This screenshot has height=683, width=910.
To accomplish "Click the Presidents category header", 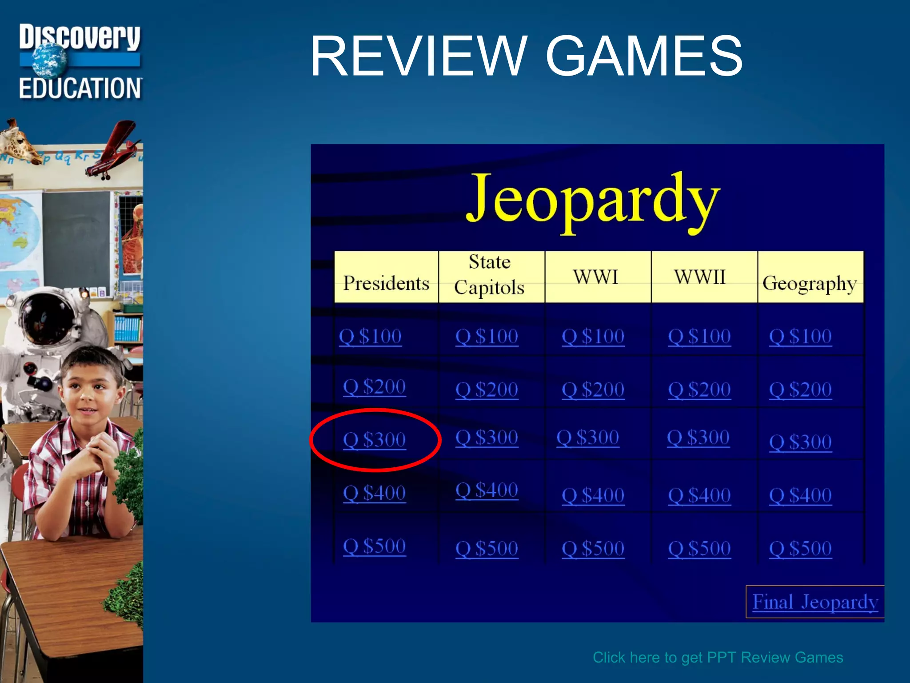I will click(386, 283).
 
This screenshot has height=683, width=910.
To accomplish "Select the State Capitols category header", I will click(490, 275).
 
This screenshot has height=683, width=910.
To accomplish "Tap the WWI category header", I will click(595, 277).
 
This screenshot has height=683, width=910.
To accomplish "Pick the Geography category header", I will click(809, 283).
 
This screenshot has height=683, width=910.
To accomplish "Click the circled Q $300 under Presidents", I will click(374, 440).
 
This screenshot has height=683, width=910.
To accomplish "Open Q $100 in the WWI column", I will click(593, 336).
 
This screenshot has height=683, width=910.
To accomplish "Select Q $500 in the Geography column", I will click(800, 548).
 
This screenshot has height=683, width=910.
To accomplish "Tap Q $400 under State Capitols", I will click(487, 490).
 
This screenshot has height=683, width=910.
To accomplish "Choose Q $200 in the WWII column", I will click(699, 390).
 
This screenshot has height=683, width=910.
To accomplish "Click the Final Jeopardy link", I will click(815, 602).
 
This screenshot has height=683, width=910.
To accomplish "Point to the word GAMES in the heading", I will click(644, 56).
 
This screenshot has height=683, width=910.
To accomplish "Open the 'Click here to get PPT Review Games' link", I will click(718, 657).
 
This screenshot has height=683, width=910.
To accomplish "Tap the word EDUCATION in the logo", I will click(80, 88).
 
